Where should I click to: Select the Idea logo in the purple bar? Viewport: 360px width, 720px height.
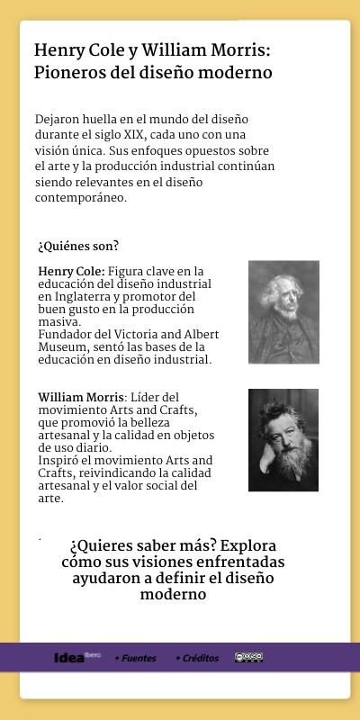coord(69,657)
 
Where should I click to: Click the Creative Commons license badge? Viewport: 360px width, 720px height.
coord(249,658)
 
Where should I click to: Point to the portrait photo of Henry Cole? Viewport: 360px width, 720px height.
coord(283,311)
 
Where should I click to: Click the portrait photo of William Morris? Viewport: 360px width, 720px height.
coord(283,440)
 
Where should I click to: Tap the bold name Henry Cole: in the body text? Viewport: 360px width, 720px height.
coord(71,271)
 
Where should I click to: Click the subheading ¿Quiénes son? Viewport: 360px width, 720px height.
coord(78,246)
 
